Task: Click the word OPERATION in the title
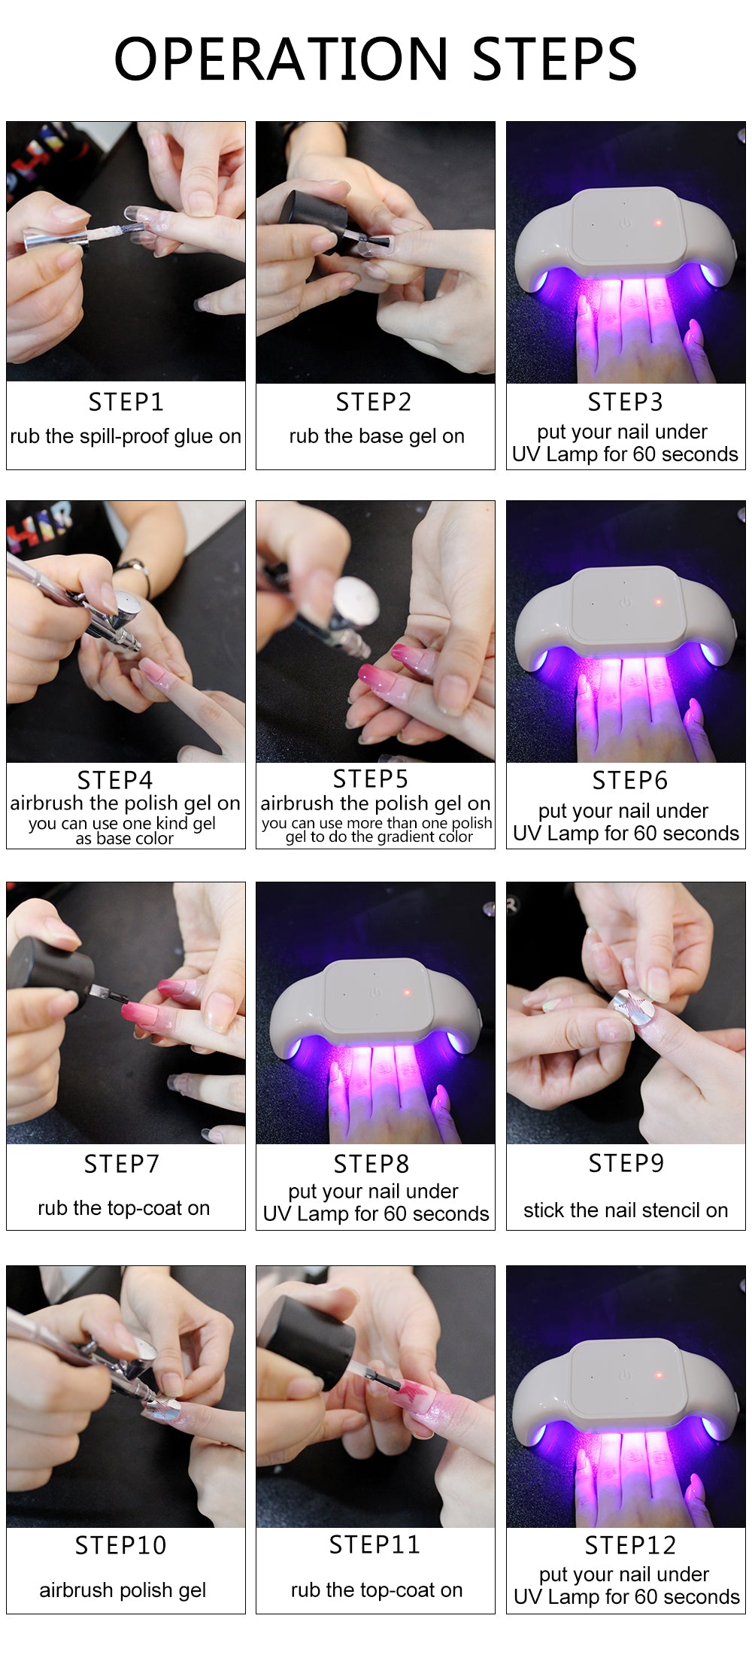(x=280, y=59)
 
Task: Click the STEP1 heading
(x=126, y=402)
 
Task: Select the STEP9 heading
(x=626, y=1164)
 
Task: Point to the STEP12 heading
(x=630, y=1545)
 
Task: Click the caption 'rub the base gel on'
(x=376, y=436)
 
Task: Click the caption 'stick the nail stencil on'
(x=626, y=1210)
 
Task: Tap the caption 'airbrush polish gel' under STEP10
(x=123, y=1590)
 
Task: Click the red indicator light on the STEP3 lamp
(x=658, y=223)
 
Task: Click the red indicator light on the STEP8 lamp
(x=407, y=993)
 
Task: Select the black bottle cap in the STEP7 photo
(x=53, y=964)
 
